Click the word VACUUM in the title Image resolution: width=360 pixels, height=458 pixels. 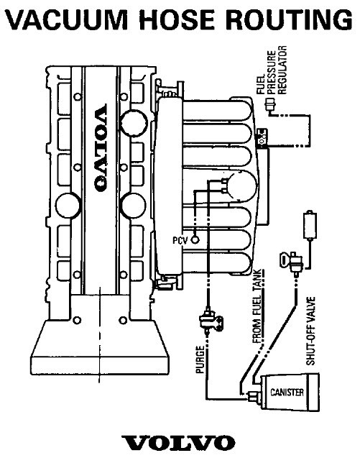click(x=67, y=19)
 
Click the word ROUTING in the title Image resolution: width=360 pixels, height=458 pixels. click(x=289, y=19)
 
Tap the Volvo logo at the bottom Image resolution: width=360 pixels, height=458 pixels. click(x=178, y=442)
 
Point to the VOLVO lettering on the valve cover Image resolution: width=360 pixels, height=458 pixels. click(x=101, y=148)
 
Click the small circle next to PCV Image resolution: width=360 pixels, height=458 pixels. click(x=195, y=240)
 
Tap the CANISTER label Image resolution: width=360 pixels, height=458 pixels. click(x=287, y=392)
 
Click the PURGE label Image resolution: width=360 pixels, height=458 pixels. click(x=200, y=359)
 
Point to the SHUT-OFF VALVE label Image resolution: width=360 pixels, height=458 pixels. click(x=310, y=331)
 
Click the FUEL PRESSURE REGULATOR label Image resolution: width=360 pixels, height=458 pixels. click(x=272, y=70)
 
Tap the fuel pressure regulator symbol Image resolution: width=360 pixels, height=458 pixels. click(x=269, y=104)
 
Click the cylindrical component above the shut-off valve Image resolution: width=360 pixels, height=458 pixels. click(x=310, y=224)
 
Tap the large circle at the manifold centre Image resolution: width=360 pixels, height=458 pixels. click(x=242, y=186)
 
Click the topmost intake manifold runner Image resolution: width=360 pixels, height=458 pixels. click(x=217, y=110)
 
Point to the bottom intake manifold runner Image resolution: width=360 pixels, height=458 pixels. click(x=217, y=262)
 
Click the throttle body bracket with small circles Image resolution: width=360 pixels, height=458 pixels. click(x=262, y=138)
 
